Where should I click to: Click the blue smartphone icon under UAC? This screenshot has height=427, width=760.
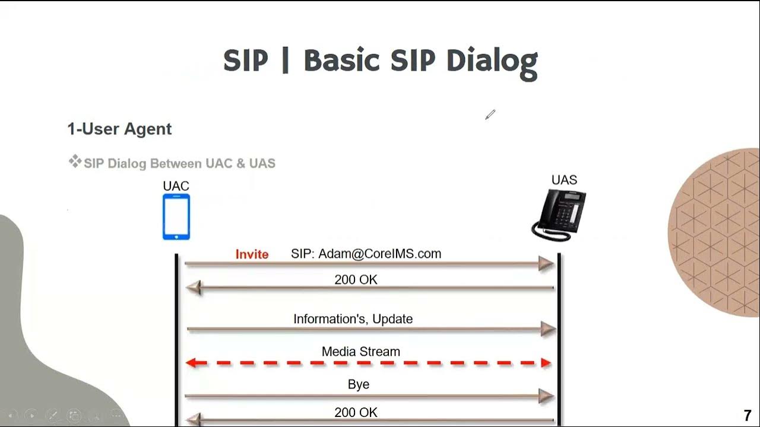pyautogui.click(x=176, y=217)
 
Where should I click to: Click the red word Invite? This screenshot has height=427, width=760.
pyautogui.click(x=252, y=254)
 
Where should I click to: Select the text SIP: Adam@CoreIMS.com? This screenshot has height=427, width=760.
pyautogui.click(x=366, y=254)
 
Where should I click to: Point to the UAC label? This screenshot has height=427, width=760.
pyautogui.click(x=176, y=186)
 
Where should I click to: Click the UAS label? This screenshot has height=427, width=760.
pyautogui.click(x=564, y=180)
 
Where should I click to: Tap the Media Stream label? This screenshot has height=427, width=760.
pyautogui.click(x=360, y=352)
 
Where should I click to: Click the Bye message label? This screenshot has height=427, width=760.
pyautogui.click(x=359, y=384)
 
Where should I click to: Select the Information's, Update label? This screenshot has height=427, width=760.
pyautogui.click(x=353, y=319)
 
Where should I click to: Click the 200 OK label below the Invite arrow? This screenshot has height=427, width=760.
pyautogui.click(x=356, y=279)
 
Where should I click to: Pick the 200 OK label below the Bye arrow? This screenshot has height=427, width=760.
pyautogui.click(x=356, y=412)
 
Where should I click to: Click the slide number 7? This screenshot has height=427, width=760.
pyautogui.click(x=747, y=416)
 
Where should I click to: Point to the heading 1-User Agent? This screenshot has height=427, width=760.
pyautogui.click(x=119, y=129)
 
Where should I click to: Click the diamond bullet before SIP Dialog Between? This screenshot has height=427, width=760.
pyautogui.click(x=75, y=161)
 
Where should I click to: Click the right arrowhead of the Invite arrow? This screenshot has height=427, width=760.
pyautogui.click(x=546, y=263)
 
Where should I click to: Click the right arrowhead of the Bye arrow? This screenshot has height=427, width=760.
pyautogui.click(x=546, y=396)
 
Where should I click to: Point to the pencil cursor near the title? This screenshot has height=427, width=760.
pyautogui.click(x=490, y=114)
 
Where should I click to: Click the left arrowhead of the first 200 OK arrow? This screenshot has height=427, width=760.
pyautogui.click(x=194, y=288)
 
